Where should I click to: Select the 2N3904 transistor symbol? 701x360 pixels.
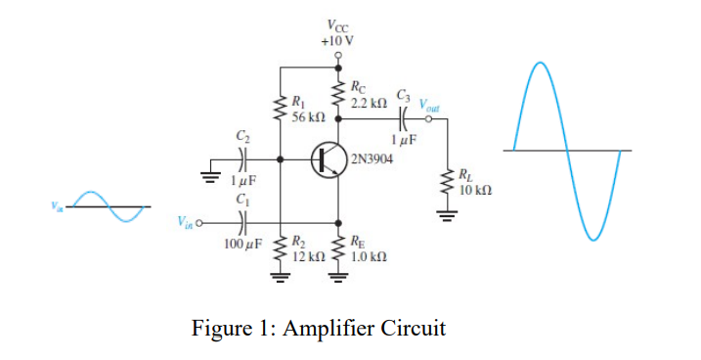(x=326, y=158)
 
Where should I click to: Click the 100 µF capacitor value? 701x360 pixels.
(x=242, y=242)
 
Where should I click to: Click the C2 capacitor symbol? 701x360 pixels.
(x=243, y=158)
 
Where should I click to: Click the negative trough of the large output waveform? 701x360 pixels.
(x=592, y=238)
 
